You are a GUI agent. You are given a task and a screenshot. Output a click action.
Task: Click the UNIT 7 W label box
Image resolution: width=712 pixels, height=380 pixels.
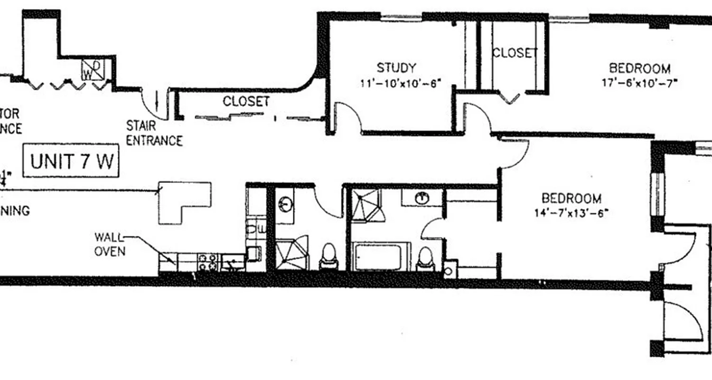71,161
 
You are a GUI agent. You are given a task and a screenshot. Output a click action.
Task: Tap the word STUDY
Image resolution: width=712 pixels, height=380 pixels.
396,67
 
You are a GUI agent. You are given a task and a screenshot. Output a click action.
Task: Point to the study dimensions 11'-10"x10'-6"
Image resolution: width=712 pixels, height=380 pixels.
401,83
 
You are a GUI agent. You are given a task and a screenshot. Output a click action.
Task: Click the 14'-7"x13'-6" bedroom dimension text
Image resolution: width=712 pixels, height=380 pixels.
571,212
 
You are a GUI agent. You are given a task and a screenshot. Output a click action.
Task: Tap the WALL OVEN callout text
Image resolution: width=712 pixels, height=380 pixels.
110,244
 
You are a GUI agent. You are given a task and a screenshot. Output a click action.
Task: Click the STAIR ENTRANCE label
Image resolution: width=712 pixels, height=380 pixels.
154,133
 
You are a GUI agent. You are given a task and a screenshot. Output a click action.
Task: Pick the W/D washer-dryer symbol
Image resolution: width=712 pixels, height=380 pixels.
93,69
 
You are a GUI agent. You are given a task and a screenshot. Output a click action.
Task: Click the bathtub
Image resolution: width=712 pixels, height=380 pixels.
382,257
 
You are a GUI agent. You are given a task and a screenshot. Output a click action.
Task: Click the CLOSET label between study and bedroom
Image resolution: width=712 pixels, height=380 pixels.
515,53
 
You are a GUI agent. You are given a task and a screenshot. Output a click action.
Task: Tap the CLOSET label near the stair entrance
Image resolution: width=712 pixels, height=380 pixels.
246,101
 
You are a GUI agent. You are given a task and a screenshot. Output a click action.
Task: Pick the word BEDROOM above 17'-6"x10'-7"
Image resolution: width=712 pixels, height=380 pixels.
640,68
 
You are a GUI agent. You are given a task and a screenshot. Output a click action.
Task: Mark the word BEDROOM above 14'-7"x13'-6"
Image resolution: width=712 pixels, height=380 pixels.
571,198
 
